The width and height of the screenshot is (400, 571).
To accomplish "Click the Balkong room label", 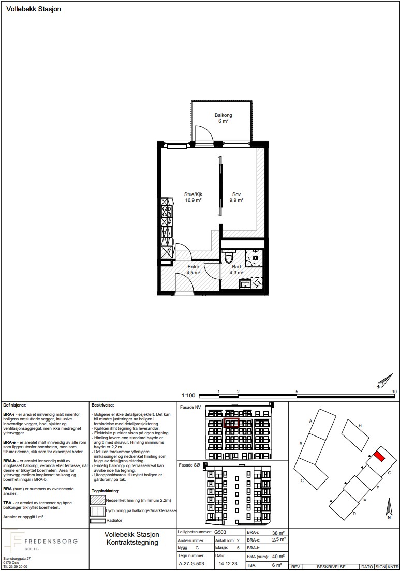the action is click(223, 115).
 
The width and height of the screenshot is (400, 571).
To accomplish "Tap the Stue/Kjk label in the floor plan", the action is click(193, 194).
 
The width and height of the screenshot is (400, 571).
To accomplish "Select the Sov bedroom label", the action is click(236, 194).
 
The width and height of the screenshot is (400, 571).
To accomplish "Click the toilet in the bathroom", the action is click(229, 257).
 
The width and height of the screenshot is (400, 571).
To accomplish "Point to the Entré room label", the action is click(194, 267).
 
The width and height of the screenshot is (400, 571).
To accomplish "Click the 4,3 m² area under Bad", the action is click(236, 272).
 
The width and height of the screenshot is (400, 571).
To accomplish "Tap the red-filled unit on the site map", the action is click(379, 456).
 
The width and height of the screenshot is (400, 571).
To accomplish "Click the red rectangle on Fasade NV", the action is click(231, 423).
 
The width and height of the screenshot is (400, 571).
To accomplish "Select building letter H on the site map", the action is click(360, 425).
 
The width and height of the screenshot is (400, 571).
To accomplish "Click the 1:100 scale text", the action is click(188, 395).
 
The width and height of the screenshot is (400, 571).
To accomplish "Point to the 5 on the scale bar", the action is click(297, 392).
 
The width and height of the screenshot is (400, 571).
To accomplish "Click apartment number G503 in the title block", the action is click(220, 532).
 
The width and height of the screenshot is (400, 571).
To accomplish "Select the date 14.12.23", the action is click(228, 563).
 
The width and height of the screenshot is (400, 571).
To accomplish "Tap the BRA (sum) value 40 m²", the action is click(278, 557).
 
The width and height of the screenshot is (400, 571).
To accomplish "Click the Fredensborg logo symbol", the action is click(13, 541).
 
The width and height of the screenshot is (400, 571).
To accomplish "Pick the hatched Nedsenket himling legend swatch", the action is click(97, 500).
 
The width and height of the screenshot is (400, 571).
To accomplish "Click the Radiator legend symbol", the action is click(97, 521).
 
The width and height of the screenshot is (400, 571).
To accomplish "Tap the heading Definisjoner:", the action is click(14, 405).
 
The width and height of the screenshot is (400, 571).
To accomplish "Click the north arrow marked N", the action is click(389, 509).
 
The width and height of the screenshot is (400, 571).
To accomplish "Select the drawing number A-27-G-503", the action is click(191, 563).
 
